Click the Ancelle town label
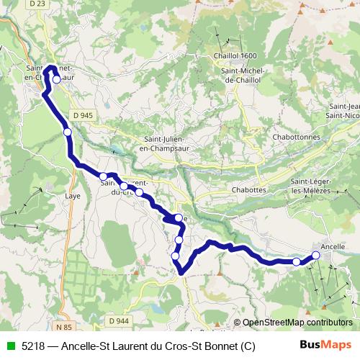pyautogui.click(x=332, y=246)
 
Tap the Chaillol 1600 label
pyautogui.click(x=235, y=56)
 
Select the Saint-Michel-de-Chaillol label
pyautogui.click(x=245, y=75)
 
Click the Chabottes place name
pyautogui.click(x=230, y=190)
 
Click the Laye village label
pyautogui.click(x=72, y=195)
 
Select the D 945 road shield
pyautogui.click(x=83, y=115)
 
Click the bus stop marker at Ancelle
pyautogui.click(x=315, y=256)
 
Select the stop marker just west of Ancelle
pyautogui.click(x=296, y=261)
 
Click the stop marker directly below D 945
pyautogui.click(x=68, y=132)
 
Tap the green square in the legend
pyautogui.click(x=9, y=345)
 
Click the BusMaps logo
pyautogui.click(x=326, y=344)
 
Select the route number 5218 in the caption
pyautogui.click(x=32, y=345)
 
